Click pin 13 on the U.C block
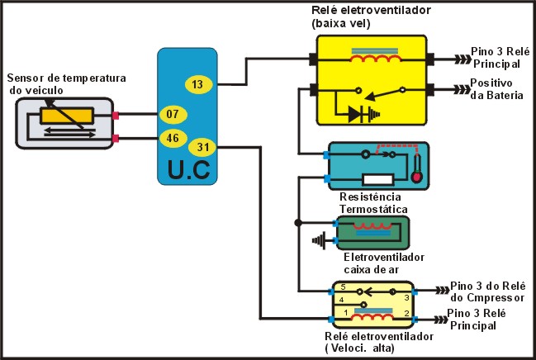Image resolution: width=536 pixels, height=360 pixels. (198, 84)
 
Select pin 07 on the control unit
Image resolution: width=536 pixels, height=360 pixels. (173, 114)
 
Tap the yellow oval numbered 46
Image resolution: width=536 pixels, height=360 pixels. (173, 139)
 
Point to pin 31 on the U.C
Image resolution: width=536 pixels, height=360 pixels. (202, 147)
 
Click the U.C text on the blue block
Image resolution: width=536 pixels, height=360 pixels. (188, 170)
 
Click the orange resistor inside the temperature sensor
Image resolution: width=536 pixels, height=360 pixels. (67, 116)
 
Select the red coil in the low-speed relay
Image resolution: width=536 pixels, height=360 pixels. (375, 59)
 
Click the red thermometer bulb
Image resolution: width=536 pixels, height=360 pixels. (417, 177)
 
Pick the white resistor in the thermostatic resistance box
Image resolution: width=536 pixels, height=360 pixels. (377, 179)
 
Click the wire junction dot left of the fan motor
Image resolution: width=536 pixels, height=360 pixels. (298, 223)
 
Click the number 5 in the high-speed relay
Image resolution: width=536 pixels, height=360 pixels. (344, 287)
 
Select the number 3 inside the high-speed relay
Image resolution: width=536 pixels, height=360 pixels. (406, 297)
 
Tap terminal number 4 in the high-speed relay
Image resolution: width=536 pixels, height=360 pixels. (341, 300)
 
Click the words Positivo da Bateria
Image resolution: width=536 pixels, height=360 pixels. (496, 89)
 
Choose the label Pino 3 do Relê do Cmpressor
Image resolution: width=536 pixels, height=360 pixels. (488, 291)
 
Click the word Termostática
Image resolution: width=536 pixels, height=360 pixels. (373, 209)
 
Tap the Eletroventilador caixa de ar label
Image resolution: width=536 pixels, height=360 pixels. (384, 263)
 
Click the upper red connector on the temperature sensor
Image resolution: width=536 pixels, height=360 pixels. (116, 116)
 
